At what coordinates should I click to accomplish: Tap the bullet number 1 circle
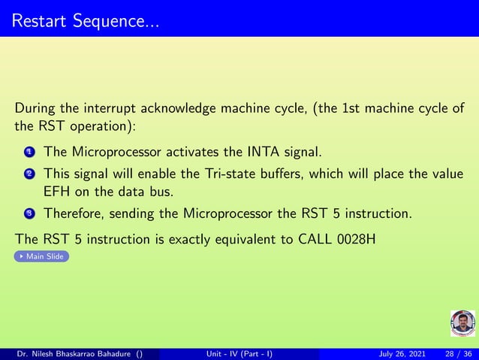29,153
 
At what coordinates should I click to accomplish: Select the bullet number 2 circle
29,174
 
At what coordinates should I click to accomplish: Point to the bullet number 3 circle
29,214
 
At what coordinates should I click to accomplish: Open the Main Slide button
42,256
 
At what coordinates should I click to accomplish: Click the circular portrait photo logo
462,323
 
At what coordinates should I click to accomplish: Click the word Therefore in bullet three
75,213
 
